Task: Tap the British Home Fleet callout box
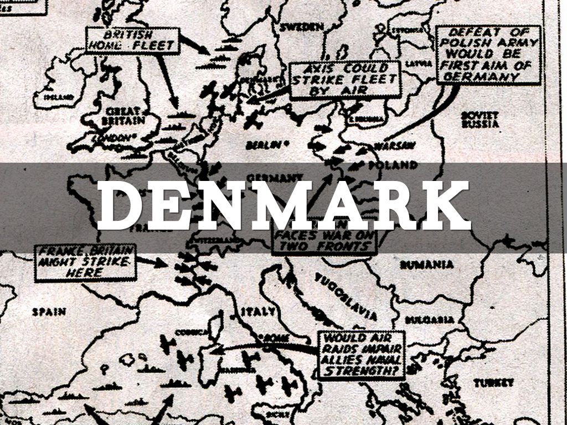[133, 40]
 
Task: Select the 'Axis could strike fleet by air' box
[344, 80]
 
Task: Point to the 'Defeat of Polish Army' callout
[488, 54]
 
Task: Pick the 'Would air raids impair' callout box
[361, 355]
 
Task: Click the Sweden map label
[301, 27]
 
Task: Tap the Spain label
[49, 312]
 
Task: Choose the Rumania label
[427, 265]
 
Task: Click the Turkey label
[493, 382]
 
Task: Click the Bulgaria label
[430, 320]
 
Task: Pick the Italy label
[258, 312]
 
